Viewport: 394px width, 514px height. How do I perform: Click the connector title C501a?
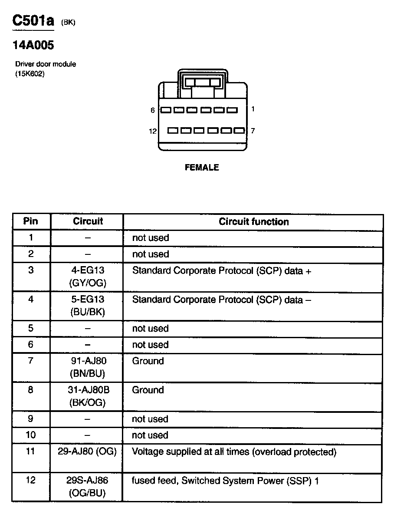tap(33, 21)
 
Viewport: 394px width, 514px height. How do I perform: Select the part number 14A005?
tap(33, 45)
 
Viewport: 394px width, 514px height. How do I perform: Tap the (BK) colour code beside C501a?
tap(68, 23)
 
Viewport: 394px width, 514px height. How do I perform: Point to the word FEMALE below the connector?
tap(202, 168)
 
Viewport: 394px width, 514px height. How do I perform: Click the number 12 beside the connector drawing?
tap(153, 131)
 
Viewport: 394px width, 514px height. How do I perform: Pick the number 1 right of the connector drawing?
tap(253, 109)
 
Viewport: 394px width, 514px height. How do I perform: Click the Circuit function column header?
tap(253, 222)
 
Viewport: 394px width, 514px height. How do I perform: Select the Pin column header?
tap(30, 221)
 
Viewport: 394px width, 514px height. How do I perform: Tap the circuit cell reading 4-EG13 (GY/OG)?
tap(88, 277)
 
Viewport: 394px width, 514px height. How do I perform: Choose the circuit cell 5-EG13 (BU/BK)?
tap(88, 306)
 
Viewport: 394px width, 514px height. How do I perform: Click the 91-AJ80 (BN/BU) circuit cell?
tap(88, 367)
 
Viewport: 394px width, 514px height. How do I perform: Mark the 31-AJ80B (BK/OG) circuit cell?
tap(88, 396)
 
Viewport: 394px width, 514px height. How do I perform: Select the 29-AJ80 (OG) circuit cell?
tap(87, 452)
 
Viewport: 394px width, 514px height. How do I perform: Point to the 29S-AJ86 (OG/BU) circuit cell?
tap(88, 487)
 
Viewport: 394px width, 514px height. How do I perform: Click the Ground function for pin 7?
tap(148, 361)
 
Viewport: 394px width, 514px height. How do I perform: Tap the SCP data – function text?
tap(221, 300)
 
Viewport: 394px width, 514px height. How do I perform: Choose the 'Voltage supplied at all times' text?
tap(234, 452)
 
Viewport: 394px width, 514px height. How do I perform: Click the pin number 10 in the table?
tap(31, 435)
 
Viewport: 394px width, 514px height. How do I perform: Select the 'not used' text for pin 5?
tap(150, 329)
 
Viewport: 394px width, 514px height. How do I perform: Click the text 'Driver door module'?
tap(46, 64)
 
